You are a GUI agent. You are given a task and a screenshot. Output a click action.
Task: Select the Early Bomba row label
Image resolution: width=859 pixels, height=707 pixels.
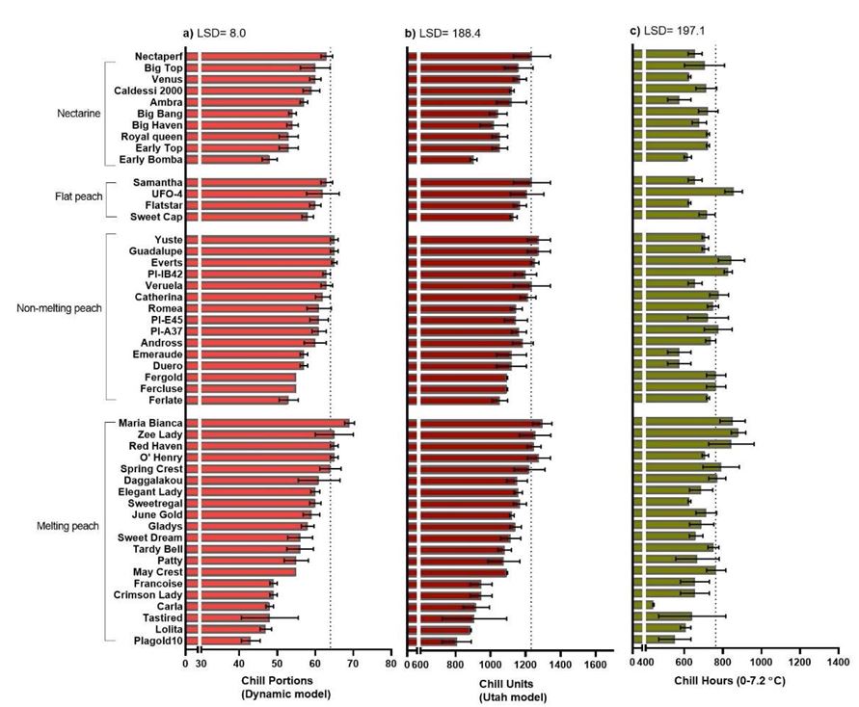point(152,160)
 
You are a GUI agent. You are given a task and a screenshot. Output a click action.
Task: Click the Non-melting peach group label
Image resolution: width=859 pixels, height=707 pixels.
point(59,308)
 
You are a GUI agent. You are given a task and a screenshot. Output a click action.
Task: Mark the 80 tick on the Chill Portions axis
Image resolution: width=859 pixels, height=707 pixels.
point(390,663)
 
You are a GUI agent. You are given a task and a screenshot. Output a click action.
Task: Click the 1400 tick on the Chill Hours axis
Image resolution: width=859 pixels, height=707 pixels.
point(838,663)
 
